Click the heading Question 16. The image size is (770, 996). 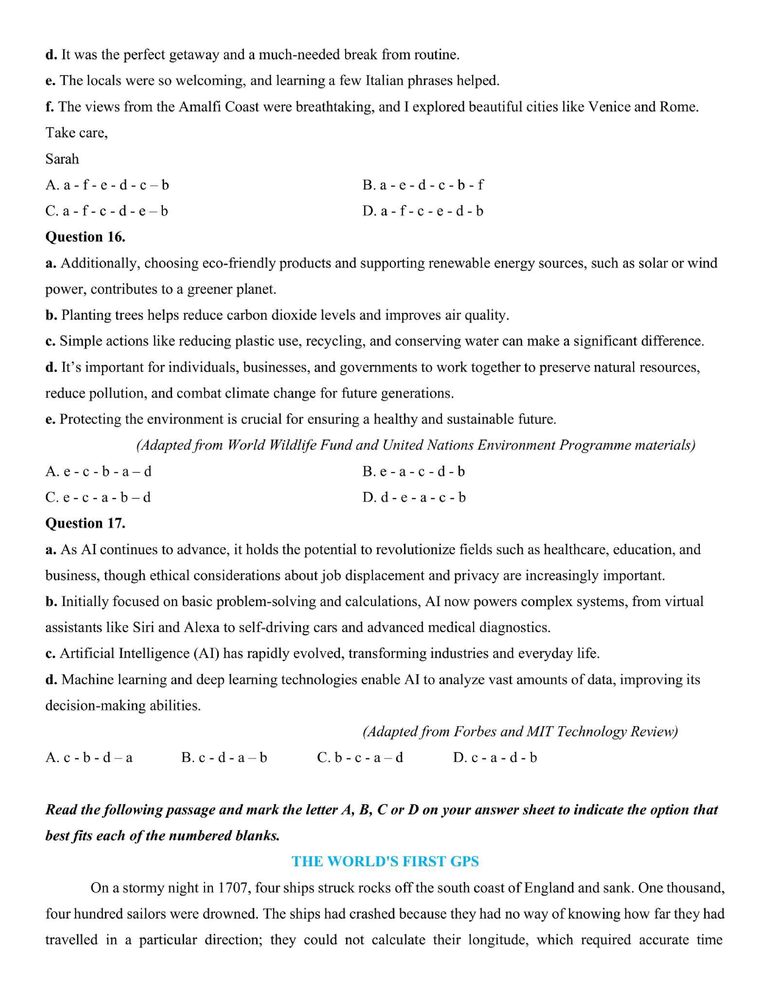click(x=85, y=237)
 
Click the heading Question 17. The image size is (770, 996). click(x=85, y=523)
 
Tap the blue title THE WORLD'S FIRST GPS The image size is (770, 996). click(x=385, y=862)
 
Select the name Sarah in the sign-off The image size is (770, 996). click(x=62, y=159)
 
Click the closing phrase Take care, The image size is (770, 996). click(x=76, y=133)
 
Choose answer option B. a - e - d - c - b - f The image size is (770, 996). click(x=423, y=185)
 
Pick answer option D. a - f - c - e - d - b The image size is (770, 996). click(x=423, y=211)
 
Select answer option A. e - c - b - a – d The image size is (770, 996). click(x=98, y=472)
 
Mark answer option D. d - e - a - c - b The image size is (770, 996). click(x=414, y=498)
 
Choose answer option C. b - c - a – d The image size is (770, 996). click(x=360, y=758)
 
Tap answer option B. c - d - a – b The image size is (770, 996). click(x=224, y=758)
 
